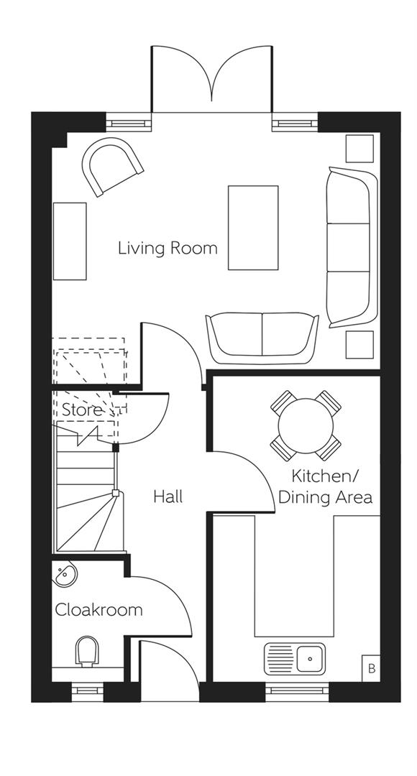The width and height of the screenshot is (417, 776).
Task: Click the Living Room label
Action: point(168,249)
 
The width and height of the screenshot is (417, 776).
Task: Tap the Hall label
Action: point(168,496)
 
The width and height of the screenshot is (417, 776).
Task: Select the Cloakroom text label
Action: point(98,610)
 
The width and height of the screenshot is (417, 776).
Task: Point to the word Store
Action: point(81,411)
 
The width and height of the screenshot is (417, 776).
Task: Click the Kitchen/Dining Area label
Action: point(325,486)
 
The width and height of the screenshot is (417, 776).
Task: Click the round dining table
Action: point(306,425)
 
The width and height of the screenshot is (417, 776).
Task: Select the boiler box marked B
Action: point(371,668)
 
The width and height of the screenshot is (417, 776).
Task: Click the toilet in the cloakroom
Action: point(87,652)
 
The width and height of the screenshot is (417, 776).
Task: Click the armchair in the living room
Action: point(111,167)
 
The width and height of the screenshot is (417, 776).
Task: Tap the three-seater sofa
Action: point(352,246)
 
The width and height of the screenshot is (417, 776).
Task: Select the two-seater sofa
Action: point(262,335)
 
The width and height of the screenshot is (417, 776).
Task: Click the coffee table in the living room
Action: point(253,227)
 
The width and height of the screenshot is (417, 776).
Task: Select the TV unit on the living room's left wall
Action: point(70,241)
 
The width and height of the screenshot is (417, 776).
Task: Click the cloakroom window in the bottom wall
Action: point(87,692)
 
